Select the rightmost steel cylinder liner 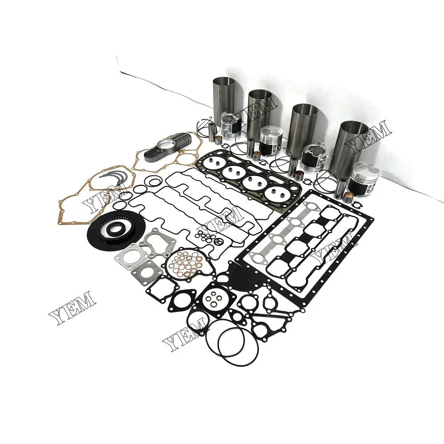pyautogui.click(x=353, y=142)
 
